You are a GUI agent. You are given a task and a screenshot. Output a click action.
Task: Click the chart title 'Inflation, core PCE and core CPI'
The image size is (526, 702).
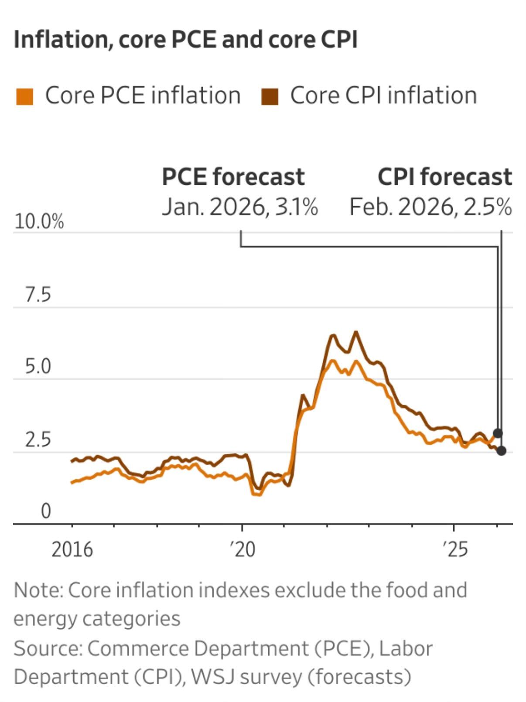point(185,40)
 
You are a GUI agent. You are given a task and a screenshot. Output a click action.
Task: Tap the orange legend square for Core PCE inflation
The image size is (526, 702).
point(24,96)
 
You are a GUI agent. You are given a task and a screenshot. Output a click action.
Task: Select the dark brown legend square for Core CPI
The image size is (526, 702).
point(270,96)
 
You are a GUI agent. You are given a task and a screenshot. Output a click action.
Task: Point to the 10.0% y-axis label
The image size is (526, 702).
point(39,222)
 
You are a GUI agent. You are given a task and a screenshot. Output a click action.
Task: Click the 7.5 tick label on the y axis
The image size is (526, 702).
point(38,295)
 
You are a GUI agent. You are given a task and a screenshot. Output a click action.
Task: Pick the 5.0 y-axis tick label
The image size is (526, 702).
point(38,367)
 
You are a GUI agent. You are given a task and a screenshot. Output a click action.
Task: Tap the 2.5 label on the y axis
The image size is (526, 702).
point(38,440)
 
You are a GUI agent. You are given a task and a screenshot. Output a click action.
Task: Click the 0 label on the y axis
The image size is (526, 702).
point(46,511)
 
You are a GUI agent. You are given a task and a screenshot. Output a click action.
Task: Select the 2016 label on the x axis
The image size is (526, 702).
point(72,549)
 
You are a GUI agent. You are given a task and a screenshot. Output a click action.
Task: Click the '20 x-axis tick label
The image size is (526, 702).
point(243,549)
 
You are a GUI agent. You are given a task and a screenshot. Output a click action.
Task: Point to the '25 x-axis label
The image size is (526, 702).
point(455,549)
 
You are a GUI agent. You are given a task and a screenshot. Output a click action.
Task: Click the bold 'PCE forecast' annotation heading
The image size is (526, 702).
point(233,177)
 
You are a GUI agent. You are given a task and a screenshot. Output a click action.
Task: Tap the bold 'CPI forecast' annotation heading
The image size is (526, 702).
point(444,177)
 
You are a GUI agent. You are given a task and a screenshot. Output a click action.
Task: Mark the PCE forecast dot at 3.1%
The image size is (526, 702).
point(498,433)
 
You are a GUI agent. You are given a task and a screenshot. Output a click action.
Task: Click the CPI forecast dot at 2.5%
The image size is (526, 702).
point(502,451)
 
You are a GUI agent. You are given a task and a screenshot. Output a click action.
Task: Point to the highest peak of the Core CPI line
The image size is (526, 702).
point(356,332)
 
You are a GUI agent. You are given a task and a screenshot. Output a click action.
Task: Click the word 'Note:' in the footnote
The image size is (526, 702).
point(38,590)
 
